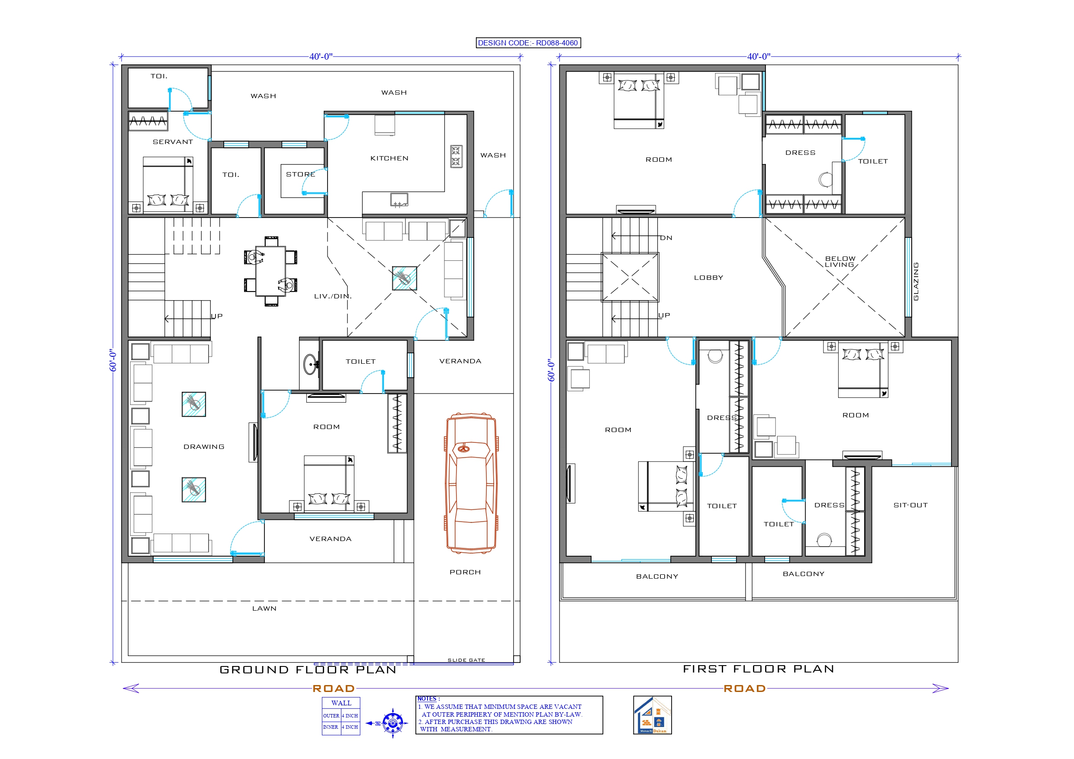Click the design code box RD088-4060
click(528, 42)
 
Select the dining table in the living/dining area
click(270, 271)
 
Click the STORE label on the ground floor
click(300, 174)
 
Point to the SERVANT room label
click(173, 142)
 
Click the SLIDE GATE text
click(466, 660)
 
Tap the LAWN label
click(264, 608)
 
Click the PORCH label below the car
click(465, 572)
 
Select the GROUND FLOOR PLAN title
click(308, 669)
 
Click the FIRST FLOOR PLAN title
click(758, 669)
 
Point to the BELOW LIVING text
click(839, 261)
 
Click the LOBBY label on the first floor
click(708, 278)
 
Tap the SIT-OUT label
click(910, 505)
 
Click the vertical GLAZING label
click(916, 281)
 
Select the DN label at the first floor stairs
click(666, 238)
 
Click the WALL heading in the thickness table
click(341, 703)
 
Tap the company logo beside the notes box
click(652, 714)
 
